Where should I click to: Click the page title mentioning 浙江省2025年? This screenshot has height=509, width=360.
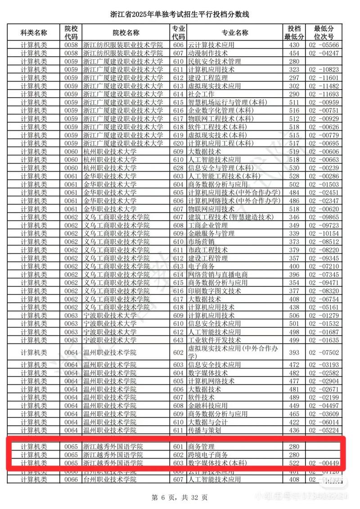pyautogui.click(x=180, y=15)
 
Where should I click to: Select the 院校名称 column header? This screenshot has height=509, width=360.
pyautogui.click(x=126, y=33)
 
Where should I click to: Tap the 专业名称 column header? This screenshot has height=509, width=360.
pyautogui.click(x=234, y=33)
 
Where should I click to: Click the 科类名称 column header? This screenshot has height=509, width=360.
pyautogui.click(x=34, y=33)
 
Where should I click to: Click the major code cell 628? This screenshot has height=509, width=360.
pyautogui.click(x=178, y=168)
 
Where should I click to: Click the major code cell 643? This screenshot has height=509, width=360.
pyautogui.click(x=178, y=340)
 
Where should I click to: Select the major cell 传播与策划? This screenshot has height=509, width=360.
pyautogui.click(x=204, y=430)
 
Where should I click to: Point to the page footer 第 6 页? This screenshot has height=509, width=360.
pyautogui.click(x=180, y=498)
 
